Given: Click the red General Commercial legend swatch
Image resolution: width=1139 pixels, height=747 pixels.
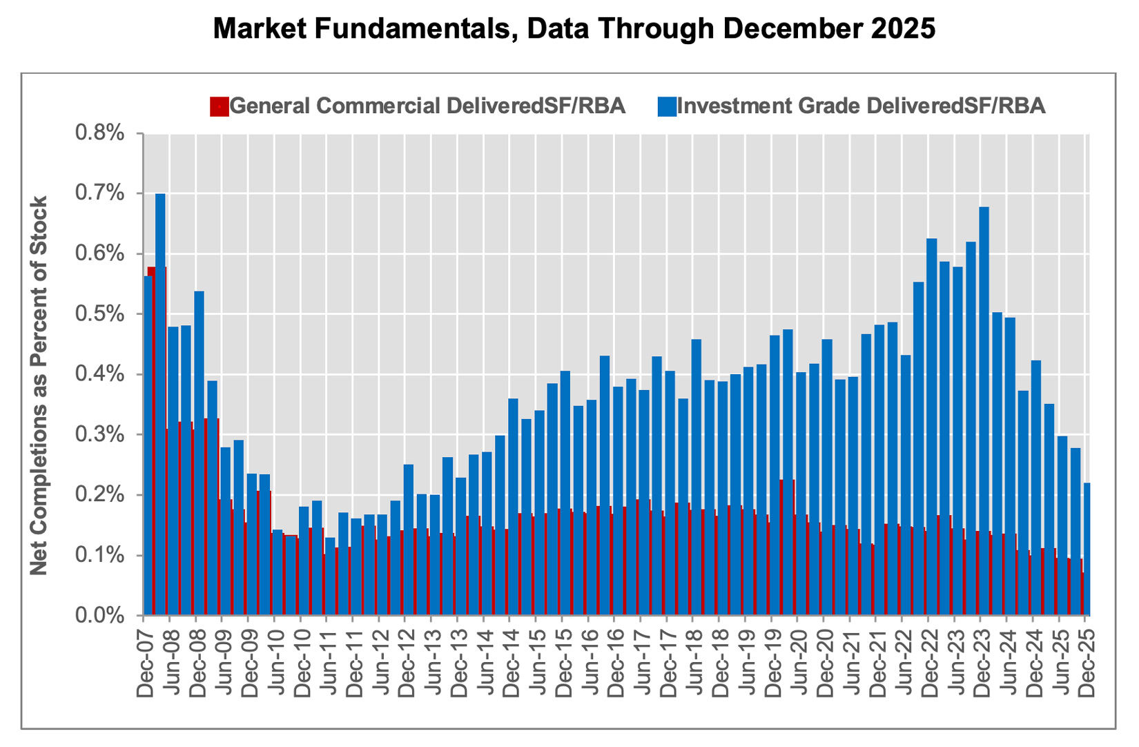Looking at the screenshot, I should pyautogui.click(x=219, y=106).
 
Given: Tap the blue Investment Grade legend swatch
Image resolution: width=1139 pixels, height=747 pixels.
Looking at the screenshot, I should pyautogui.click(x=667, y=106).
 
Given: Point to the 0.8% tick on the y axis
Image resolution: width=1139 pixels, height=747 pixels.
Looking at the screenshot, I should pyautogui.click(x=99, y=133).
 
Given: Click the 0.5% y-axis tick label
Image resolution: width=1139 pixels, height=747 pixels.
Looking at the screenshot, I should pyautogui.click(x=99, y=314).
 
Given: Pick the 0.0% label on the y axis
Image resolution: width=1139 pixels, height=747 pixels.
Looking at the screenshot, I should pyautogui.click(x=99, y=615).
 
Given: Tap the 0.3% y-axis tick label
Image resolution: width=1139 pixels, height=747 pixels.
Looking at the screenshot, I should pyautogui.click(x=99, y=435).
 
